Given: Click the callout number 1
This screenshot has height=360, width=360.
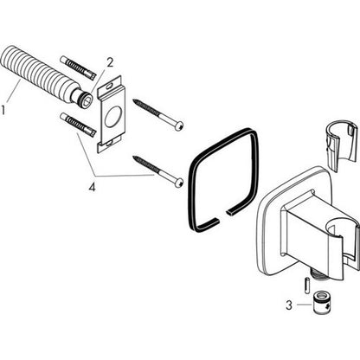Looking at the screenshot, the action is (x=3, y=110).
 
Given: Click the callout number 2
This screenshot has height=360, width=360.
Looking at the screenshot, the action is (x=110, y=62).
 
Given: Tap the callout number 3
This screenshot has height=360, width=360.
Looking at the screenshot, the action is (x=289, y=305).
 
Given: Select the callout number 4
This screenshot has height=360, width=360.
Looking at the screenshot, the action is (x=92, y=188).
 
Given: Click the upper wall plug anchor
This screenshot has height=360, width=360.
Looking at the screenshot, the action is (x=78, y=67).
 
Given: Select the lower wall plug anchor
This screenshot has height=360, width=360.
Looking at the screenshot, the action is (x=78, y=125).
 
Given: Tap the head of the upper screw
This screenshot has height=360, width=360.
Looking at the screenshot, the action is (x=180, y=125).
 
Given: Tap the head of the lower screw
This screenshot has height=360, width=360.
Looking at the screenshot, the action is (x=179, y=183).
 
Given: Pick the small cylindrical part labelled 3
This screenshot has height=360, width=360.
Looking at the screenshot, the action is (x=319, y=304).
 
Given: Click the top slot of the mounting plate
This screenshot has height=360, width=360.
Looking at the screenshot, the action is (x=109, y=86).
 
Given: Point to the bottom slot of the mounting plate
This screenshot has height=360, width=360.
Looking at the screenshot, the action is (x=110, y=143).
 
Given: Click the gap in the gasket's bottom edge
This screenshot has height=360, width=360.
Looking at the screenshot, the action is (x=223, y=217).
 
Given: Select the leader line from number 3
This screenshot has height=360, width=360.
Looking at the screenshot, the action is (x=305, y=305).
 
